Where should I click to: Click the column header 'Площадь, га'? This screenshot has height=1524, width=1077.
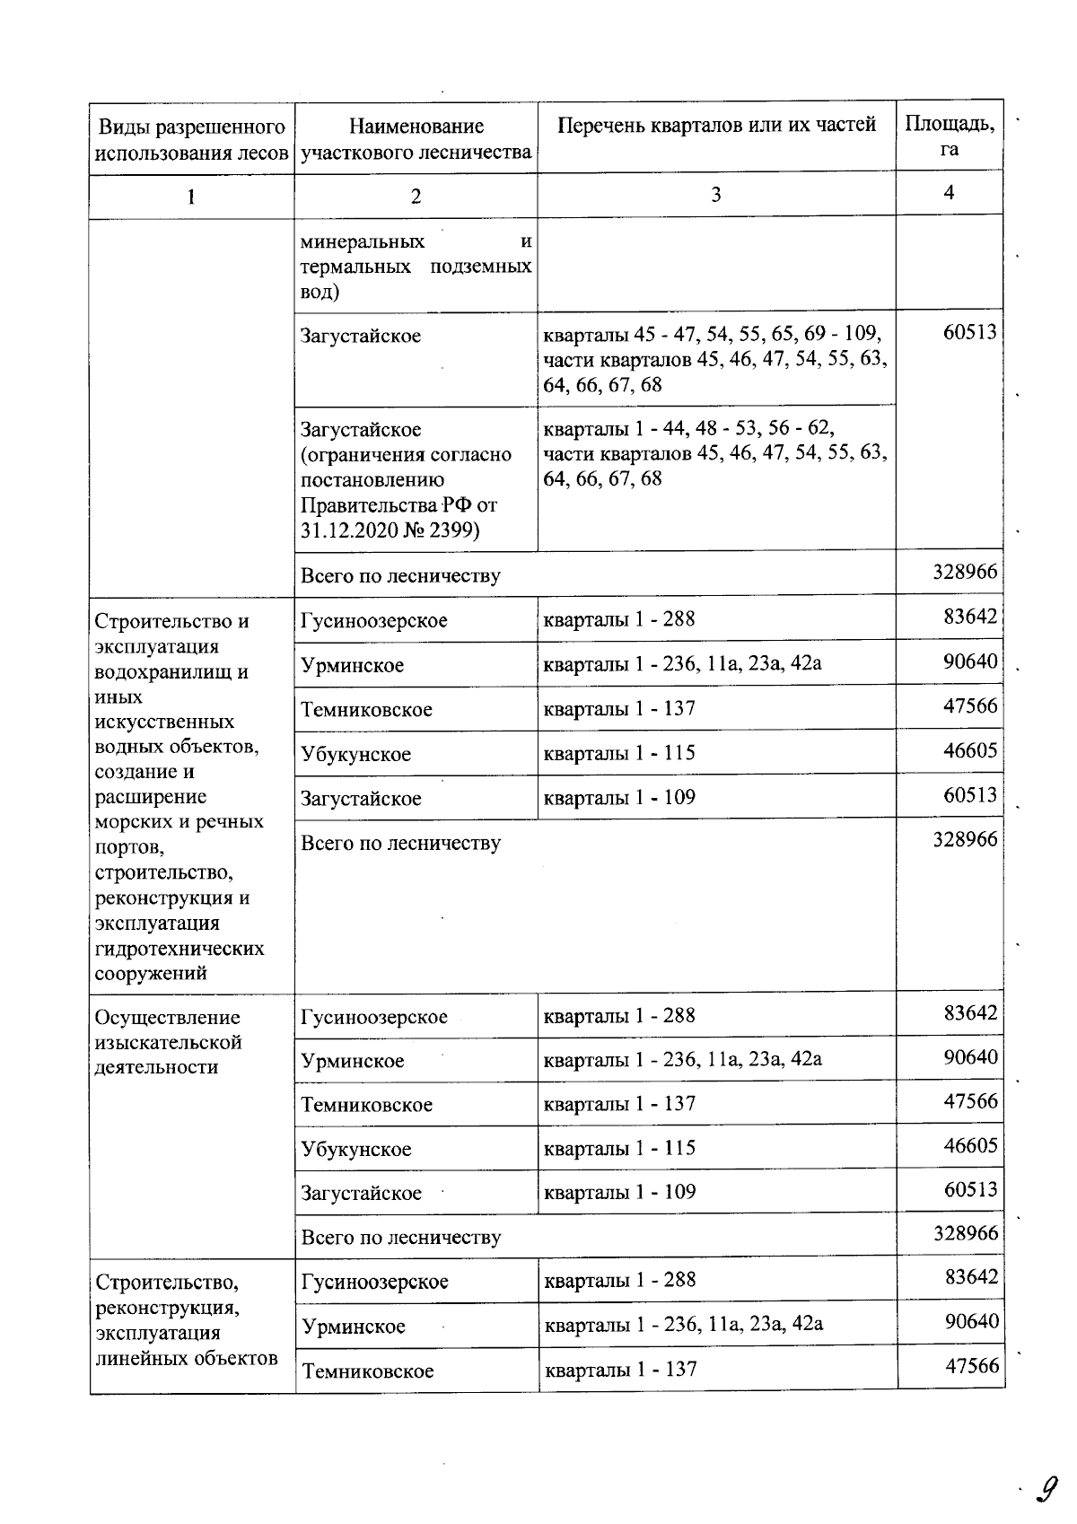pos(949,136)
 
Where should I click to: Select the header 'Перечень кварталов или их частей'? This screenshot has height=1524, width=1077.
pos(716,126)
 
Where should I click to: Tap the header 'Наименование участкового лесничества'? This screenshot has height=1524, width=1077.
pos(416,139)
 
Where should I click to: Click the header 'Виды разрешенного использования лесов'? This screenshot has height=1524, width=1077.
pos(191,139)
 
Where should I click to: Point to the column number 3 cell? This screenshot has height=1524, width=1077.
pos(715,194)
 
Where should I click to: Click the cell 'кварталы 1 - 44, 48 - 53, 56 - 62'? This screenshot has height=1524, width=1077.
pos(689,428)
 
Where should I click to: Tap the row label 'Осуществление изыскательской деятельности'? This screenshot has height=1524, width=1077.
pos(168,1042)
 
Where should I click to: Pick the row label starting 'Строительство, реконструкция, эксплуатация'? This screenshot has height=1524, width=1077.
pos(186,1319)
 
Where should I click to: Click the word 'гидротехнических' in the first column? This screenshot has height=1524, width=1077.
pos(179,948)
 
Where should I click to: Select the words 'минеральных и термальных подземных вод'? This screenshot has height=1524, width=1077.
pos(416,267)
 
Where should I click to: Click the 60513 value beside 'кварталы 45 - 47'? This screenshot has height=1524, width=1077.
pos(969,333)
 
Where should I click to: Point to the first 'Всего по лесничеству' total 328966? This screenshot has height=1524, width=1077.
pos(965,572)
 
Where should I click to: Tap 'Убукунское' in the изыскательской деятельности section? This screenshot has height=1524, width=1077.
pos(356,1149)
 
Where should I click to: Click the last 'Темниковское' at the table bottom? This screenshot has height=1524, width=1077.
pos(367,1371)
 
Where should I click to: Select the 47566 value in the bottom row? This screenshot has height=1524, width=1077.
pos(971,1365)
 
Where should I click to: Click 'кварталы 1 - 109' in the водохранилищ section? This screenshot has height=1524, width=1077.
pos(619,797)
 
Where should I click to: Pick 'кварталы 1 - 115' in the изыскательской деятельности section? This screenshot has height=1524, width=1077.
pos(619,1148)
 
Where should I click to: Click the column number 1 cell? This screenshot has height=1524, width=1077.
pos(191,196)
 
